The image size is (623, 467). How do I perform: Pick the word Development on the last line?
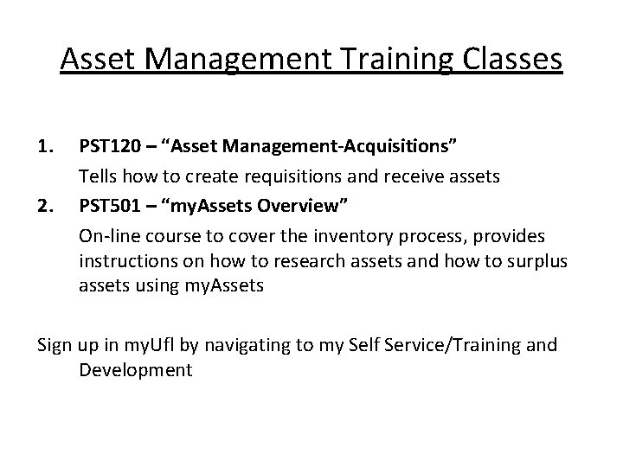[x=134, y=371]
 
